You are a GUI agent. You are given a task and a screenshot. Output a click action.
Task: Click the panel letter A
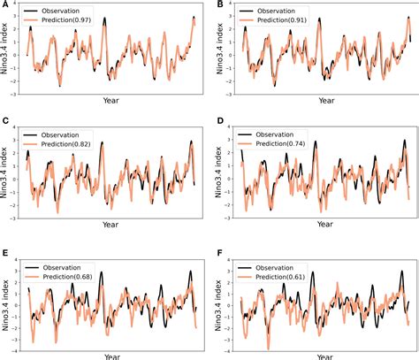[5, 5]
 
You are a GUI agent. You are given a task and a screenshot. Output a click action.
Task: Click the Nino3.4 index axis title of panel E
[7, 300]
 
